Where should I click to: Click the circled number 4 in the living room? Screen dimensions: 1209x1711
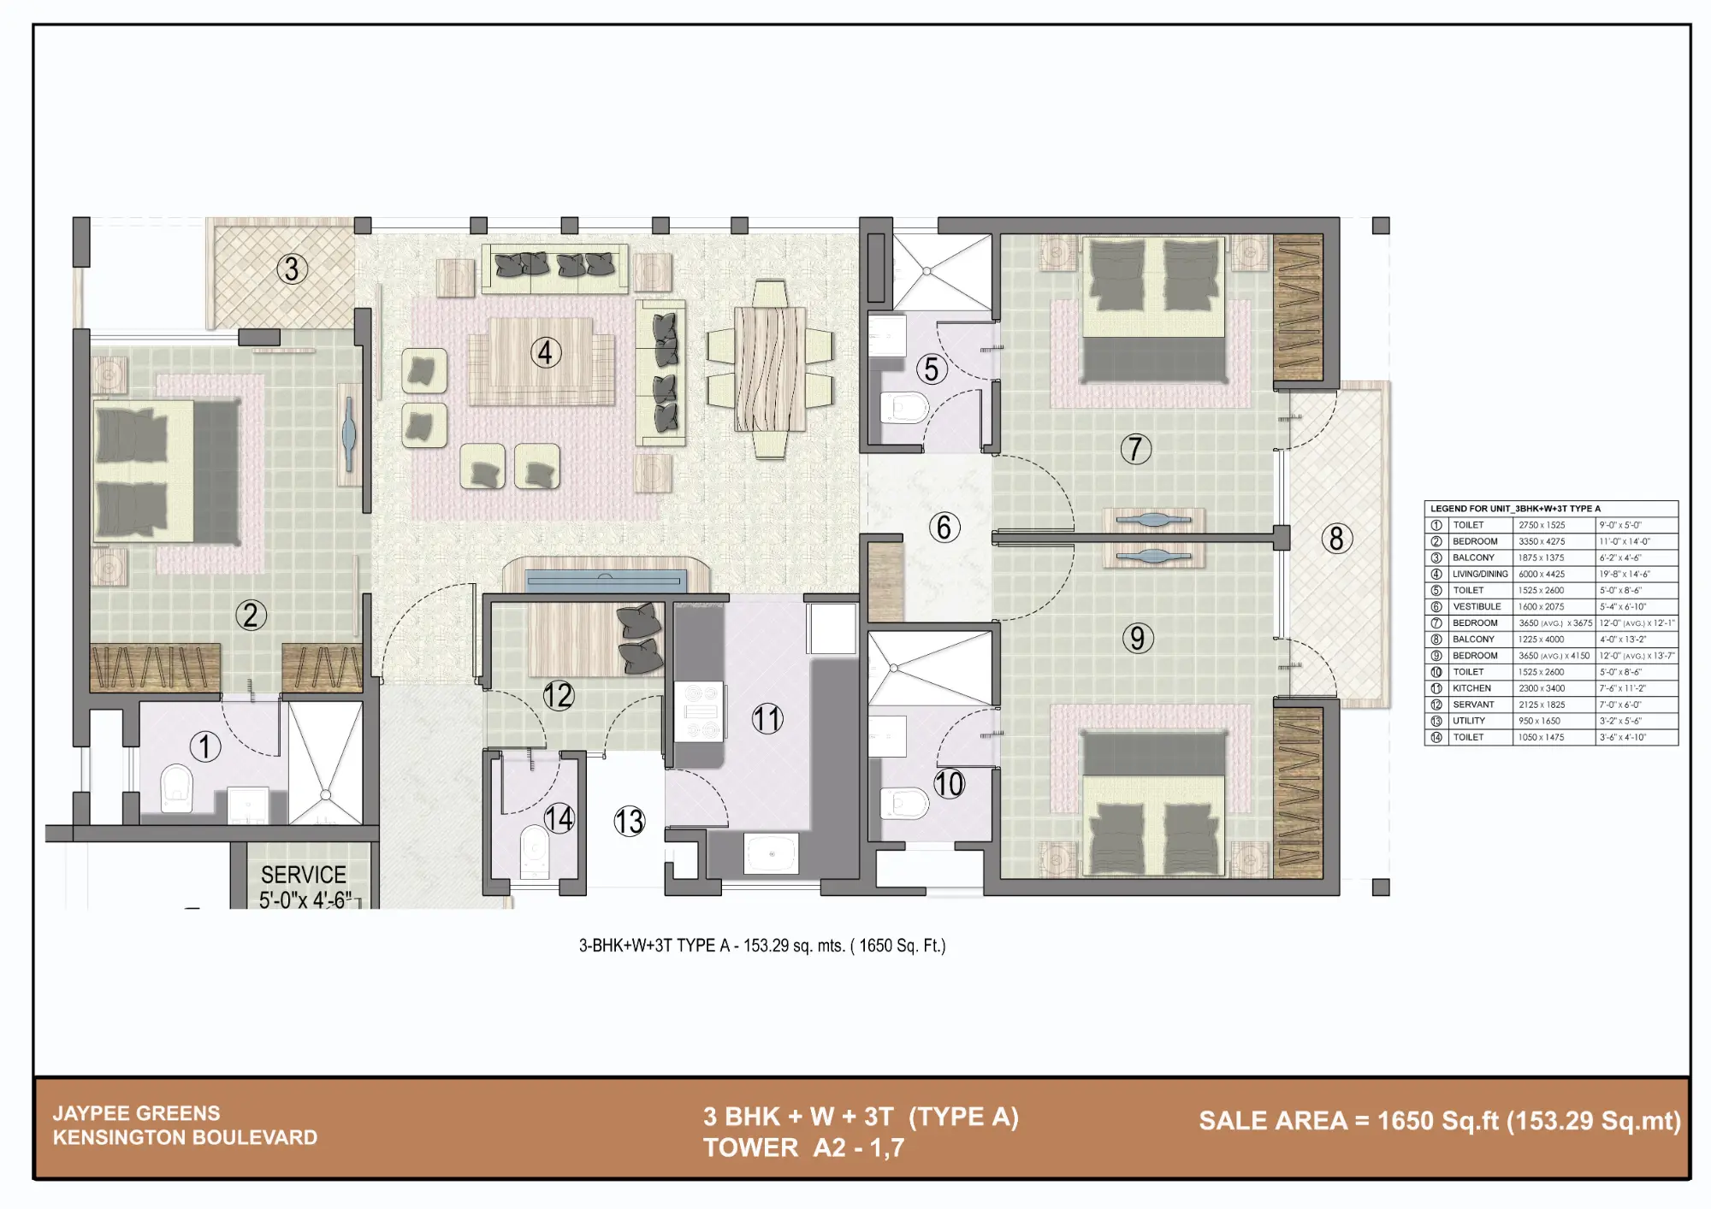click(x=545, y=352)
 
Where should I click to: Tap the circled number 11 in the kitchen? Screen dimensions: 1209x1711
click(x=767, y=718)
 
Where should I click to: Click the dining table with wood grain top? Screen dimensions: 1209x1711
click(x=770, y=369)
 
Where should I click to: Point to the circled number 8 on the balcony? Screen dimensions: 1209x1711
click(x=1336, y=539)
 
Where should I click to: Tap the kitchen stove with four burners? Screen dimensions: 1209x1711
click(x=700, y=711)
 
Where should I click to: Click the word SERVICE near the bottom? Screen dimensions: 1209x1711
click(x=304, y=875)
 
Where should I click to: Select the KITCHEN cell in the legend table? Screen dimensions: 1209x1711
click(x=1471, y=688)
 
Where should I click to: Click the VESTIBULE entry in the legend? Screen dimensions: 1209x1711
click(x=1477, y=606)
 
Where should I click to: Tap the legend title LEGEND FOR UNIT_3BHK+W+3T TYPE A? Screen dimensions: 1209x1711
click(x=1515, y=508)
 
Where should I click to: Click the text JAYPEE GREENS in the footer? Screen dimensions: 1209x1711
click(x=137, y=1113)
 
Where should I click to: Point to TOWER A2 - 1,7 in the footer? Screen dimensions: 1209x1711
click(x=803, y=1147)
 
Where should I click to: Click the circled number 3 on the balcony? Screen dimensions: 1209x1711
click(x=292, y=269)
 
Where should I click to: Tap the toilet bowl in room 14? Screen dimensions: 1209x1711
click(x=535, y=850)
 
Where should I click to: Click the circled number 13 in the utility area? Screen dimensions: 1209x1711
click(x=629, y=822)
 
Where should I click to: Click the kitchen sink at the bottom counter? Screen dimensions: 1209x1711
click(x=771, y=852)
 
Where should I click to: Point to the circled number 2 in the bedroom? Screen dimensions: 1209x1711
click(x=251, y=615)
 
